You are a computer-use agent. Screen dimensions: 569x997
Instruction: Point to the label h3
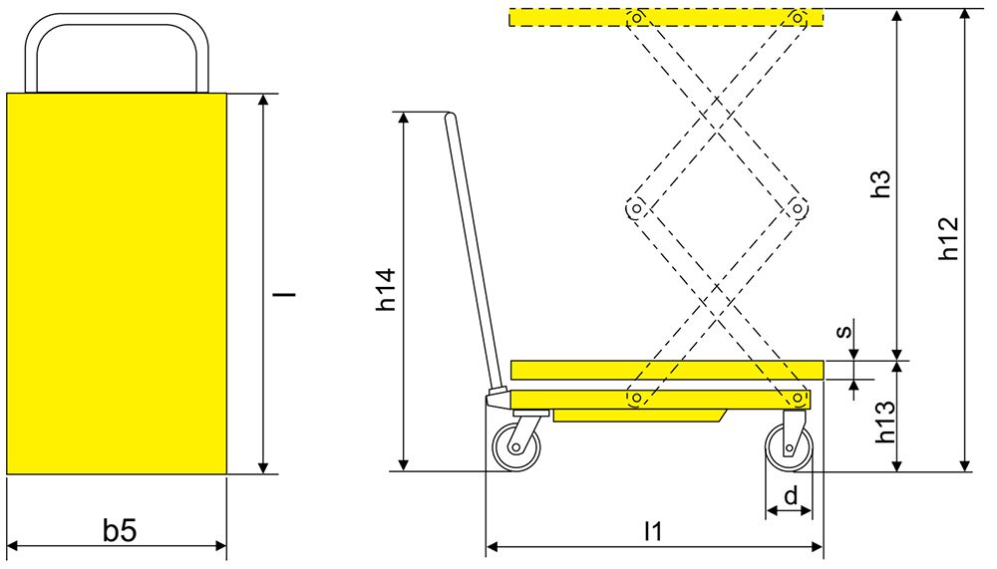click(879, 182)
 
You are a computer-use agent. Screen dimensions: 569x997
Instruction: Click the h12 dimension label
click(948, 239)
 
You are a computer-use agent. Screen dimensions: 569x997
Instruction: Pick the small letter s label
click(843, 331)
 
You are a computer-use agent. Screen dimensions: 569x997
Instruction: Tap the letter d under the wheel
click(790, 495)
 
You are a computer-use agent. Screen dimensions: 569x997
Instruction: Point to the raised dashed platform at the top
click(667, 18)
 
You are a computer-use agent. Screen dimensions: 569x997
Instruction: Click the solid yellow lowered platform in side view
click(667, 370)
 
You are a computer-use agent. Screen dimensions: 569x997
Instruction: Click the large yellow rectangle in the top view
click(117, 283)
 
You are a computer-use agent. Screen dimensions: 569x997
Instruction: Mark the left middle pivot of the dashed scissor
click(634, 208)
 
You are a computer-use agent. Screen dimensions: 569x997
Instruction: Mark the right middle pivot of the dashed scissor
click(797, 208)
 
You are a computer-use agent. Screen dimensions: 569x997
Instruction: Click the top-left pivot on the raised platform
click(634, 17)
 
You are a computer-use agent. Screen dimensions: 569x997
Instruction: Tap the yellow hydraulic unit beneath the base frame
click(638, 415)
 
